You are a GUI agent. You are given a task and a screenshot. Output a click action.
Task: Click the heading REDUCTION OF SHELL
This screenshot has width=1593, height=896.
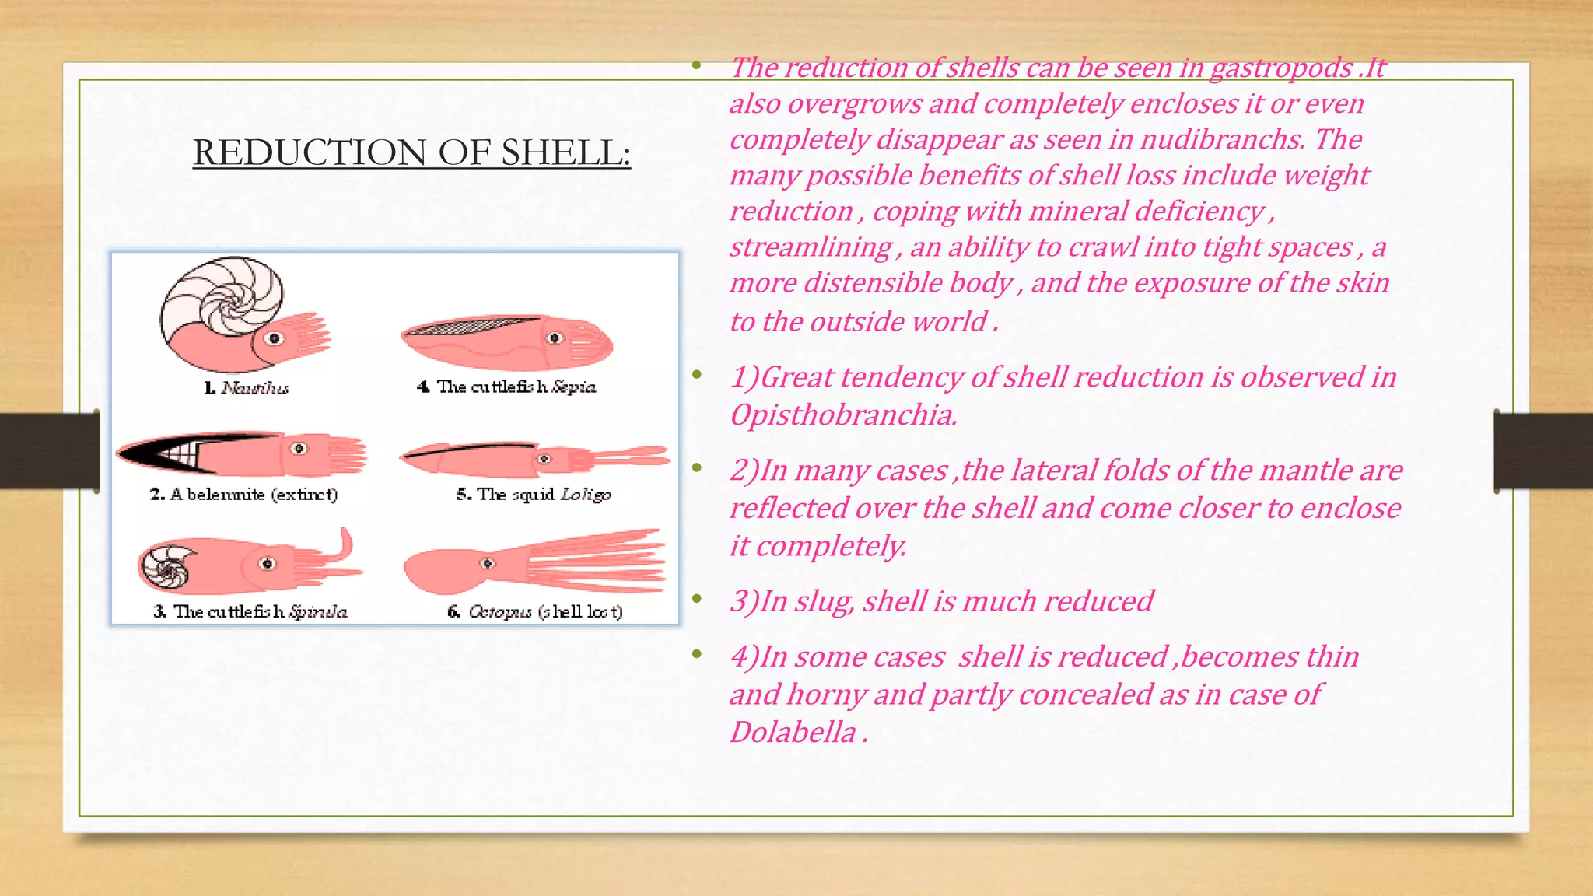[x=411, y=152]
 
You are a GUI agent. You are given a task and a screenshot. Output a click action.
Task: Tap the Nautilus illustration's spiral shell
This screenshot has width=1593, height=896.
[x=222, y=296]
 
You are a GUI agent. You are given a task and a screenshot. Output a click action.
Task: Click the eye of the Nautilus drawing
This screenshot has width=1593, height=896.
[x=274, y=338]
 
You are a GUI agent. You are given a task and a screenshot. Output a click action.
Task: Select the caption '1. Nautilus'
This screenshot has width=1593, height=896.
[x=247, y=387]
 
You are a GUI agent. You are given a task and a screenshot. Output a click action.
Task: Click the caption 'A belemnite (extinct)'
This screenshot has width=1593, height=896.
[x=243, y=495]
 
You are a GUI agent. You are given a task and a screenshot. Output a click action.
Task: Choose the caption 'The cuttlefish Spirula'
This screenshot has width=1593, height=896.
[x=250, y=611]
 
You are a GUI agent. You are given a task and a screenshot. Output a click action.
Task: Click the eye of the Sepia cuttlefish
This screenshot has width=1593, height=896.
[x=555, y=338]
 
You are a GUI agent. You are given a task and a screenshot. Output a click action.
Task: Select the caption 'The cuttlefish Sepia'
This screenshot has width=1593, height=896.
[x=506, y=387]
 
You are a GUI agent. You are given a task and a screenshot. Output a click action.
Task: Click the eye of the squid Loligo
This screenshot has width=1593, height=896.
[x=544, y=458]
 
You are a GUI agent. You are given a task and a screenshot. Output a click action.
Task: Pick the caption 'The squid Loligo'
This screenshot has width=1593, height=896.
[x=534, y=495]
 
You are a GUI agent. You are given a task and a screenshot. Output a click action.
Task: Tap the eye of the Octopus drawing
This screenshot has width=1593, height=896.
[x=488, y=563]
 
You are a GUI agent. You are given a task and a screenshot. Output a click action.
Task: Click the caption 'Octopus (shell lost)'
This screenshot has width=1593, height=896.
[x=535, y=611]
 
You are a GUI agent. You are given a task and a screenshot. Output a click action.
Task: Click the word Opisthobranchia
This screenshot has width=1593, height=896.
[x=842, y=415]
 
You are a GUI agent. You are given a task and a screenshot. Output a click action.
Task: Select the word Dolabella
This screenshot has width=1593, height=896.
[x=793, y=733]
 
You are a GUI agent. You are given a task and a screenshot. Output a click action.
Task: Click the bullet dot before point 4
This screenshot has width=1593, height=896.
[x=698, y=654]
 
